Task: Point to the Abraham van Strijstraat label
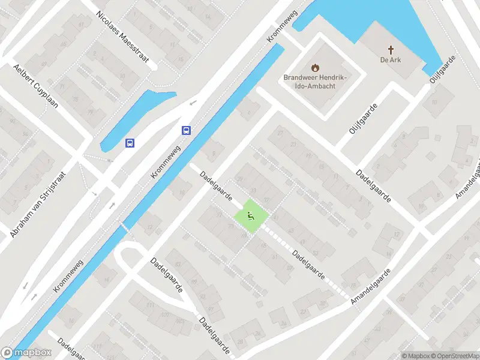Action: tap(37, 202)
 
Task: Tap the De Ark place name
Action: tap(391, 59)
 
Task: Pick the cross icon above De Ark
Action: tap(391, 49)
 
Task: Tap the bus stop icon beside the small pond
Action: tap(130, 143)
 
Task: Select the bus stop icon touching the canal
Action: tap(187, 130)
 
